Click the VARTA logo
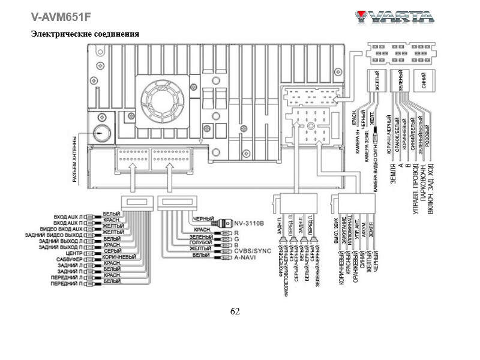tap(394, 16)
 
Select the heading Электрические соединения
tap(85, 34)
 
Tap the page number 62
tap(235, 311)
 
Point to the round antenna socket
tap(100, 133)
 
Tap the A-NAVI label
tap(245, 257)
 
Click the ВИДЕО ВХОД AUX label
tap(59, 229)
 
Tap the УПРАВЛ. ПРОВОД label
tap(416, 190)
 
